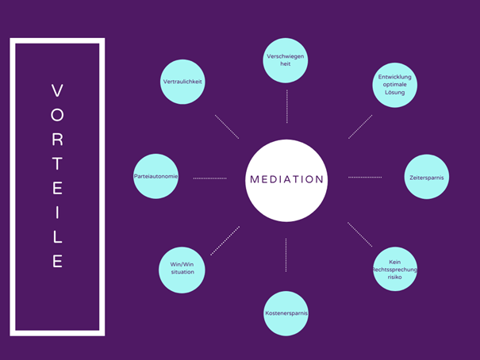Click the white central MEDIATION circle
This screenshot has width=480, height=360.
pos(286,181)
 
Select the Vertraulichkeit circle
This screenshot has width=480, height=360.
pos(182,82)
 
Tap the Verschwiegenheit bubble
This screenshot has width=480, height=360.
pos(286,60)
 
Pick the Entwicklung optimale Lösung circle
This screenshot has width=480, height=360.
pos(394,85)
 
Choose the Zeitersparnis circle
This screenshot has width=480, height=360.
pos(427,177)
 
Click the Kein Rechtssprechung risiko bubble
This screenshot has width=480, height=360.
pos(395,269)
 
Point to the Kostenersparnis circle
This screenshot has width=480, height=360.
pos(286,313)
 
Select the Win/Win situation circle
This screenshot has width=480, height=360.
pos(182,270)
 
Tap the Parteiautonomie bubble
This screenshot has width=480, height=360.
pos(156,176)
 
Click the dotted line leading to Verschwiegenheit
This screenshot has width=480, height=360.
pos(287,106)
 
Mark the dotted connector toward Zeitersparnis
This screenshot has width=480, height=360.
pos(365,177)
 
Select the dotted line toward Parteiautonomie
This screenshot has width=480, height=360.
pos(209,178)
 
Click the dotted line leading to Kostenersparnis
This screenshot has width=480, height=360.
pos(286,255)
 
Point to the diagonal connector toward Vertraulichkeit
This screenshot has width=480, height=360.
pos(227,127)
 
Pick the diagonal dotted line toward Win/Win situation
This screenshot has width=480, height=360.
pos(225,241)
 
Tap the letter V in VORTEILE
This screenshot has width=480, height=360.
pos(57,90)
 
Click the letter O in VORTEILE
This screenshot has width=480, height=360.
pos(57,115)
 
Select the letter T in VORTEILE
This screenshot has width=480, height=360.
pos(57,163)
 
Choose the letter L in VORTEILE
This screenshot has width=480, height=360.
pos(58,237)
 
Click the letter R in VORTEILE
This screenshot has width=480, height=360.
pos(57,140)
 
